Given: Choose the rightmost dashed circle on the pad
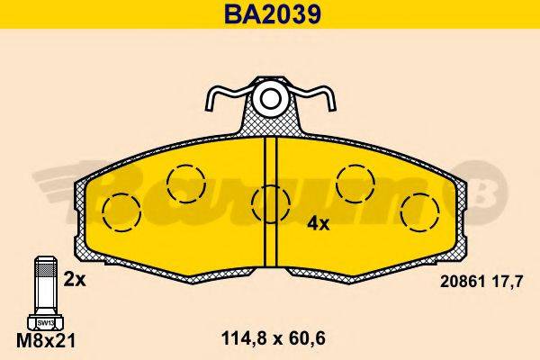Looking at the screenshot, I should pos(418,213).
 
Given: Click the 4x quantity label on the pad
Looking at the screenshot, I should pos(319,224).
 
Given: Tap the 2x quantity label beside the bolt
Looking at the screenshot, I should pos(74,280).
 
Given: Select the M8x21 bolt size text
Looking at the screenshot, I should pos(45,341).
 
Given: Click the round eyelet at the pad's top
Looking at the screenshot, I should pos(270,97).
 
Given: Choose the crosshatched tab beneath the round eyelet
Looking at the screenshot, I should pos(270,126).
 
